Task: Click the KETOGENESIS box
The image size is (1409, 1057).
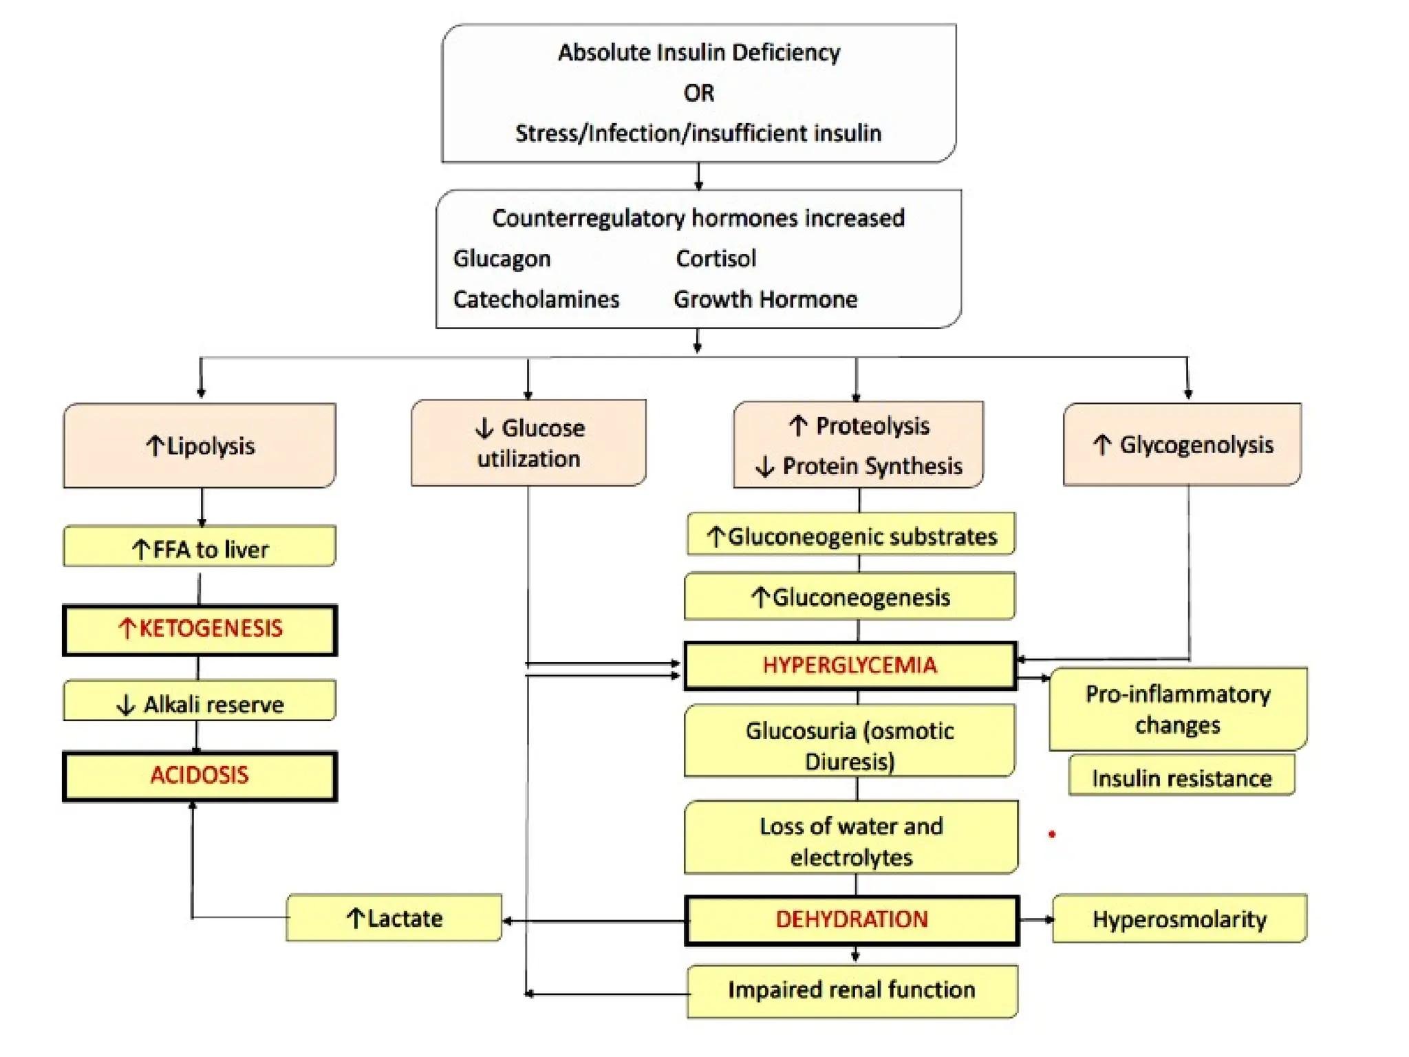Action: pyautogui.click(x=200, y=629)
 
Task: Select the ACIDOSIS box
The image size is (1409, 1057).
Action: pyautogui.click(x=200, y=776)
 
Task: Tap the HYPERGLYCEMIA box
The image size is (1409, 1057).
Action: pyautogui.click(x=850, y=665)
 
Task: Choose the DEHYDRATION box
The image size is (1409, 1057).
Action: pyautogui.click(x=852, y=919)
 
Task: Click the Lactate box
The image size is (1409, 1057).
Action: pyautogui.click(x=394, y=918)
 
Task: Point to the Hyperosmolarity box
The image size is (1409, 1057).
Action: pyautogui.click(x=1179, y=919)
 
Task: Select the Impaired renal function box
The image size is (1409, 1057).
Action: pyautogui.click(x=852, y=990)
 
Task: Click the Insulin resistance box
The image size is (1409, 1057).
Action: pyautogui.click(x=1181, y=778)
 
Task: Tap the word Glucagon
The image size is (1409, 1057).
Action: pyautogui.click(x=502, y=259)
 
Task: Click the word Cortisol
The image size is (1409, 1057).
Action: pyautogui.click(x=716, y=259)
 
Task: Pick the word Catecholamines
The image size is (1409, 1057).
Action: pyautogui.click(x=536, y=299)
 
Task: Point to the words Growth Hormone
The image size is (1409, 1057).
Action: pyautogui.click(x=765, y=299)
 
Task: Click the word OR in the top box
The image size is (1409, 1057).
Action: pyautogui.click(x=698, y=93)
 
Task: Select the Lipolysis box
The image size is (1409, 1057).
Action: pyautogui.click(x=200, y=446)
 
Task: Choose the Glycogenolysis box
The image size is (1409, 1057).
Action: pyautogui.click(x=1182, y=445)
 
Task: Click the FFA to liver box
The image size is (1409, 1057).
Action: pyautogui.click(x=200, y=548)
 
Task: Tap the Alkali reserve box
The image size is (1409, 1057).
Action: pyautogui.click(x=200, y=703)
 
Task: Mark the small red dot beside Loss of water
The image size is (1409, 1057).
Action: pyautogui.click(x=1052, y=834)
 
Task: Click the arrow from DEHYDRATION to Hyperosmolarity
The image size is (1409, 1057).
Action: pyautogui.click(x=1036, y=919)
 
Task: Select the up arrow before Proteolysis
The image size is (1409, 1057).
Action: pyautogui.click(x=798, y=426)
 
